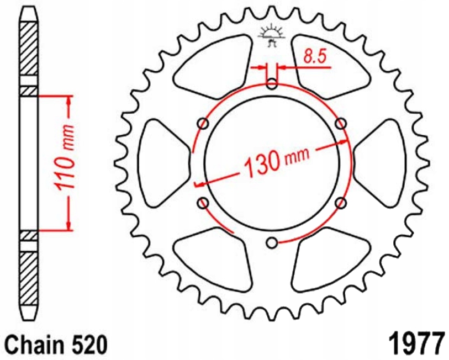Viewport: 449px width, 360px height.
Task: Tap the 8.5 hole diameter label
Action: [x=313, y=56]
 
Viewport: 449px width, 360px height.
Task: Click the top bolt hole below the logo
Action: [x=272, y=84]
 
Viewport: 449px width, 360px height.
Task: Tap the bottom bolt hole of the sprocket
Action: [x=272, y=242]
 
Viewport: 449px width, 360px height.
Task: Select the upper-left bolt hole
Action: [x=203, y=123]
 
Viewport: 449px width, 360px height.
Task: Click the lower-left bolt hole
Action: [x=203, y=203]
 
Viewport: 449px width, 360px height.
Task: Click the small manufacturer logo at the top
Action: [x=271, y=37]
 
